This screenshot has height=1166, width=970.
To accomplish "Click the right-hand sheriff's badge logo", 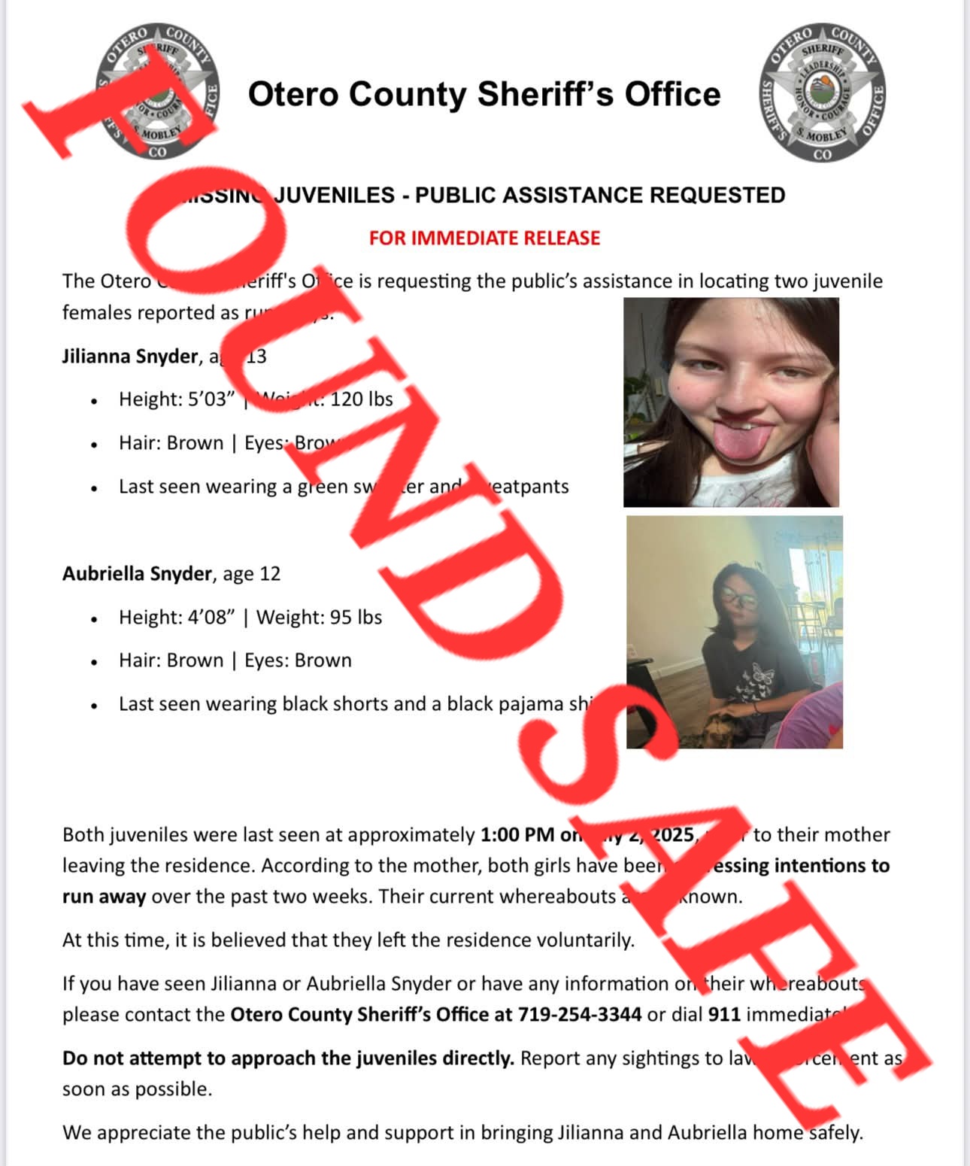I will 823,93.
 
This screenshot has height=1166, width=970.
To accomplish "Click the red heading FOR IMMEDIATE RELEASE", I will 484,238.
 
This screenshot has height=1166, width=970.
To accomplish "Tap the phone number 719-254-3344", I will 579,1015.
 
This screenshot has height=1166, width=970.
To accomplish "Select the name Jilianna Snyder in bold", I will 129,356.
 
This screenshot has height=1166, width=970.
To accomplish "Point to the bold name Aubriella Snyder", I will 137,574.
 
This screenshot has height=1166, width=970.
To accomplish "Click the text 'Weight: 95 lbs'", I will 319,618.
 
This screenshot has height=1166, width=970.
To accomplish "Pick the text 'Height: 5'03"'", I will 177,399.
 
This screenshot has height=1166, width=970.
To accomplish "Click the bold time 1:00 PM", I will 517,835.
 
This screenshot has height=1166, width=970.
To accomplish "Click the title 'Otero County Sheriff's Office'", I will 484,95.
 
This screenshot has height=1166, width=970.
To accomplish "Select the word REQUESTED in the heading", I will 717,196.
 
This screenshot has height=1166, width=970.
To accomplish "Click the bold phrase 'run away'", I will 104,897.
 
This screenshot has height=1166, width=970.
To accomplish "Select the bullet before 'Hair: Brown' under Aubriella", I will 94,662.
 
